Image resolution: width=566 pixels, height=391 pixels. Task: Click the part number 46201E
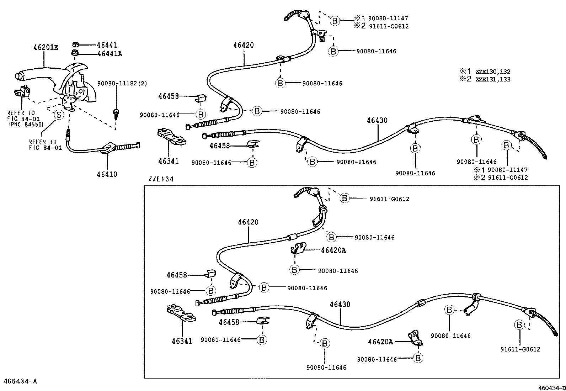coord(46,47)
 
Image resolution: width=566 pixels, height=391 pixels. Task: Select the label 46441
coord(107,45)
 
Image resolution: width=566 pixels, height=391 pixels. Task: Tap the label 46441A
coord(109,54)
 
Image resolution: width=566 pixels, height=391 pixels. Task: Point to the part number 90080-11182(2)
coord(122,84)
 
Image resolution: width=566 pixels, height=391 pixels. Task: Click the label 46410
coord(107,174)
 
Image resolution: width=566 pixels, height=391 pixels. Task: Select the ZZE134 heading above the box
coord(161,179)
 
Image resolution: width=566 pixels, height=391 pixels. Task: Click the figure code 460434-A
coord(20,381)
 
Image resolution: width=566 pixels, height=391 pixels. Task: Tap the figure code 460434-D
coord(551,387)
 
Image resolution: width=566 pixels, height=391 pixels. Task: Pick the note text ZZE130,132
coord(493,72)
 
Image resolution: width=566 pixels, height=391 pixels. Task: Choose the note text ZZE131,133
coord(493,79)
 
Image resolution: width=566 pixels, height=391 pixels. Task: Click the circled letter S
coord(58,115)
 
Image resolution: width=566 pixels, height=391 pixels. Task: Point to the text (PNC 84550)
coord(26,125)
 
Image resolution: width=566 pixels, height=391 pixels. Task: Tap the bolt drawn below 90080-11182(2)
coord(116,113)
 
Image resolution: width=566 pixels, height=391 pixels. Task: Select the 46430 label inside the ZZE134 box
coord(340,305)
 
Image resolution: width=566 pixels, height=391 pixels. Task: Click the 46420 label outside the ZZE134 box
coord(244,45)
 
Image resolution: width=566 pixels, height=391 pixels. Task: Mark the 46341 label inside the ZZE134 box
coord(182,341)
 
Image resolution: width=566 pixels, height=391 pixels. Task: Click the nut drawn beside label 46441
coord(75,44)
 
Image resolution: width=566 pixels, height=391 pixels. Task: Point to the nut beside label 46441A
coord(75,53)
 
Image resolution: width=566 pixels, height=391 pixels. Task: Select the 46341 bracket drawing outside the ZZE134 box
coord(171,137)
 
